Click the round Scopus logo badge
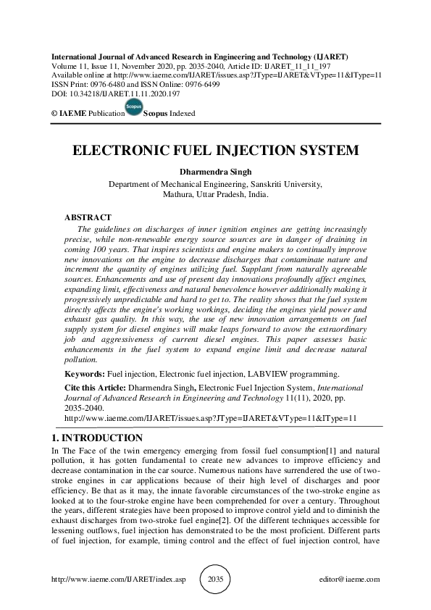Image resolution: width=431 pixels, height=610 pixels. tap(133, 108)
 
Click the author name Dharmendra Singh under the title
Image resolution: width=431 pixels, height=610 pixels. tap(215, 172)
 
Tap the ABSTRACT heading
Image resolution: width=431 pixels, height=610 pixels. tap(88, 217)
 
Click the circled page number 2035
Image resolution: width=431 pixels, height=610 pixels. tap(216, 580)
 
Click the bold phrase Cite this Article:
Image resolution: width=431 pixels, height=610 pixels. tap(94, 388)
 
